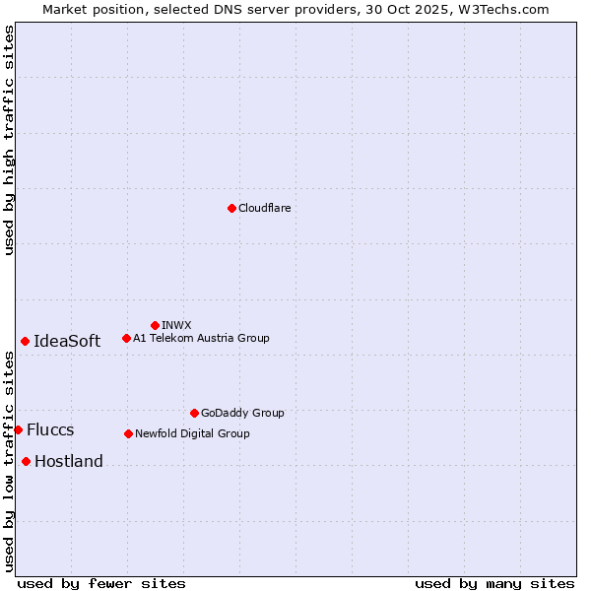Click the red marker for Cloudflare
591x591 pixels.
click(x=231, y=208)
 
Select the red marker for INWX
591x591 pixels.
click(x=155, y=325)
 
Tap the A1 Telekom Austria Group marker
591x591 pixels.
click(x=126, y=338)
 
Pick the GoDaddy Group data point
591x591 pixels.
click(x=194, y=413)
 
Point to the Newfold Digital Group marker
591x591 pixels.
click(x=128, y=433)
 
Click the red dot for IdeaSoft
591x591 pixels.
click(x=25, y=341)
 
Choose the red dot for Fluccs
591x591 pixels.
click(x=18, y=429)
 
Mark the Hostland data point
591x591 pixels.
click(x=26, y=461)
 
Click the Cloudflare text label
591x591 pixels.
click(x=264, y=208)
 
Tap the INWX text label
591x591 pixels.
click(x=176, y=325)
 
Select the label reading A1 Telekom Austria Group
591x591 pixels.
click(x=201, y=338)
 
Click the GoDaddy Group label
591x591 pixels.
click(x=242, y=413)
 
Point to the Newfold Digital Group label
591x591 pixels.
click(x=192, y=433)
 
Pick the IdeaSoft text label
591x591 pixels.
click(x=67, y=341)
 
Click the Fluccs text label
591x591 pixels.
click(x=50, y=429)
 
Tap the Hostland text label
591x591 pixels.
click(x=69, y=461)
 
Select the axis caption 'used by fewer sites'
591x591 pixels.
click(x=101, y=583)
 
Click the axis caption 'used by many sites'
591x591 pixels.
click(x=494, y=583)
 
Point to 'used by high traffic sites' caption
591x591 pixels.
click(x=9, y=140)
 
